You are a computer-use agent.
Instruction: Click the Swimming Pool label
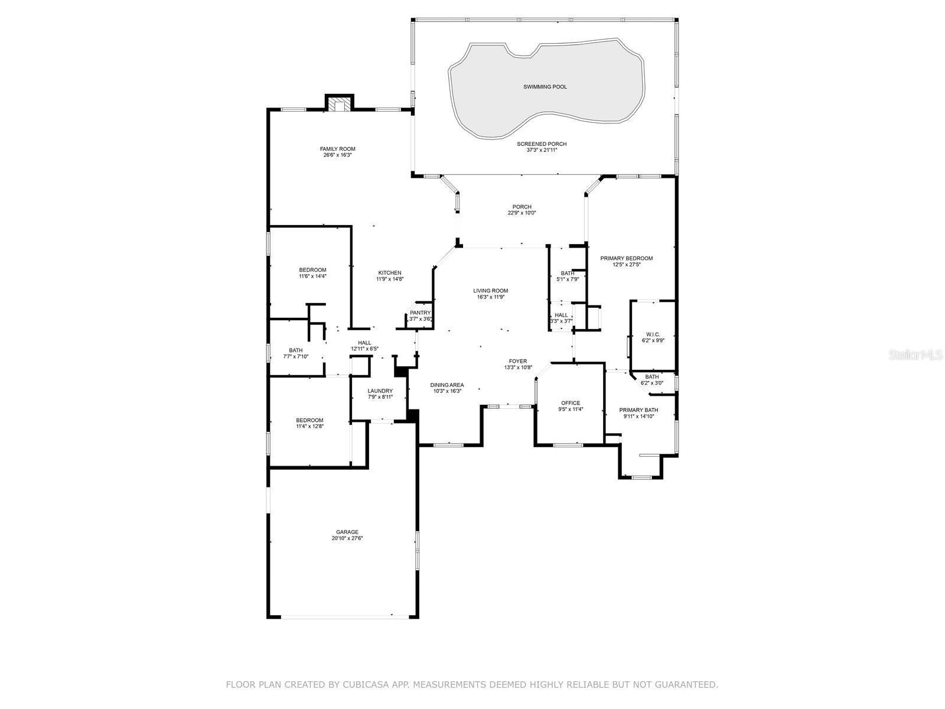545,87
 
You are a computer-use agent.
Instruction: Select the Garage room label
347,532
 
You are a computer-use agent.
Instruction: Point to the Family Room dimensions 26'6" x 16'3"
337,155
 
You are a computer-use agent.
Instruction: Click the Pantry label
420,313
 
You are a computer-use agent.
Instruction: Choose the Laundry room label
380,391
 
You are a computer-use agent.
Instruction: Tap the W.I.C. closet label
653,334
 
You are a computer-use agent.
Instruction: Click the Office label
571,404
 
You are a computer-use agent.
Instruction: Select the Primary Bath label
638,410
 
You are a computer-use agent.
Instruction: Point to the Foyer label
518,362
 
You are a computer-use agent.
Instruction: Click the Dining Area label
447,385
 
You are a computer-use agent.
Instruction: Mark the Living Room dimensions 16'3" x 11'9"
490,297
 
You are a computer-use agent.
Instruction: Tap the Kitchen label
390,273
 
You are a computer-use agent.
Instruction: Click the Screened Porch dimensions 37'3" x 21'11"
542,150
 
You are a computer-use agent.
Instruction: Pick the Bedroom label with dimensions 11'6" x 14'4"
312,271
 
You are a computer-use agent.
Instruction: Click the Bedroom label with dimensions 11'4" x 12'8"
309,421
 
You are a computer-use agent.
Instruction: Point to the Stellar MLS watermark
915,354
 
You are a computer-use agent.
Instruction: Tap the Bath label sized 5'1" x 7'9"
568,274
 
